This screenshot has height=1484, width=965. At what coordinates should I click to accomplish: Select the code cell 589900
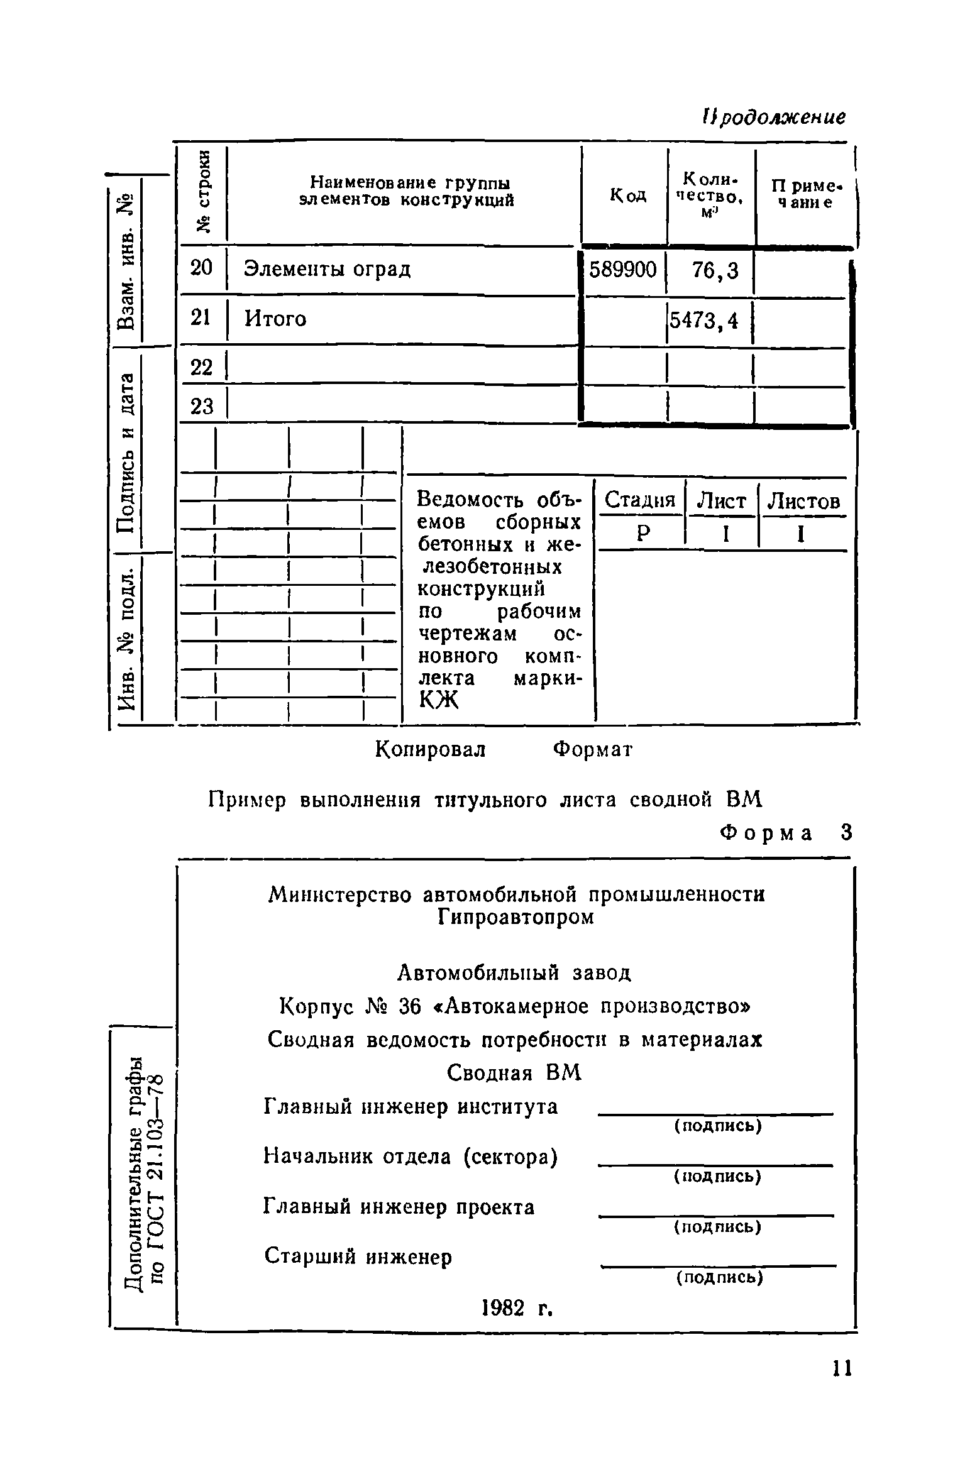pyautogui.click(x=622, y=270)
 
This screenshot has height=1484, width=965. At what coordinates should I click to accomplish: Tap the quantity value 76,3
pyautogui.click(x=715, y=271)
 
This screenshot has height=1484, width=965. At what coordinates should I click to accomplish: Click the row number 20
pyautogui.click(x=202, y=268)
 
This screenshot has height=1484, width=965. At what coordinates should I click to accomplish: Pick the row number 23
pyautogui.click(x=202, y=407)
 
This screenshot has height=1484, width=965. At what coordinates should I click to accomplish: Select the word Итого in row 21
pyautogui.click(x=275, y=319)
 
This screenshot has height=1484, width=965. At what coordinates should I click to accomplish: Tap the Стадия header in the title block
pyautogui.click(x=639, y=501)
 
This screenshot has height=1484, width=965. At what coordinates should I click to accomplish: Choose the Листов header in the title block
pyautogui.click(x=804, y=502)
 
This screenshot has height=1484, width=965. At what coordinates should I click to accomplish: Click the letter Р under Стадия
pyautogui.click(x=642, y=534)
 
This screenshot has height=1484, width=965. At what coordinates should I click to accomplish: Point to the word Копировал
pyautogui.click(x=431, y=749)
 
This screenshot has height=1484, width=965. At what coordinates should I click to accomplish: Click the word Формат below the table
pyautogui.click(x=592, y=749)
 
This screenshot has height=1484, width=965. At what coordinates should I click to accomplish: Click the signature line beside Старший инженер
pyautogui.click(x=719, y=1265)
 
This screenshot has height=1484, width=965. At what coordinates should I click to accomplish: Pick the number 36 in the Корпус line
pyautogui.click(x=409, y=1006)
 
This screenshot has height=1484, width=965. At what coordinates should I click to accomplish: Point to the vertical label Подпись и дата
pyautogui.click(x=128, y=452)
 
